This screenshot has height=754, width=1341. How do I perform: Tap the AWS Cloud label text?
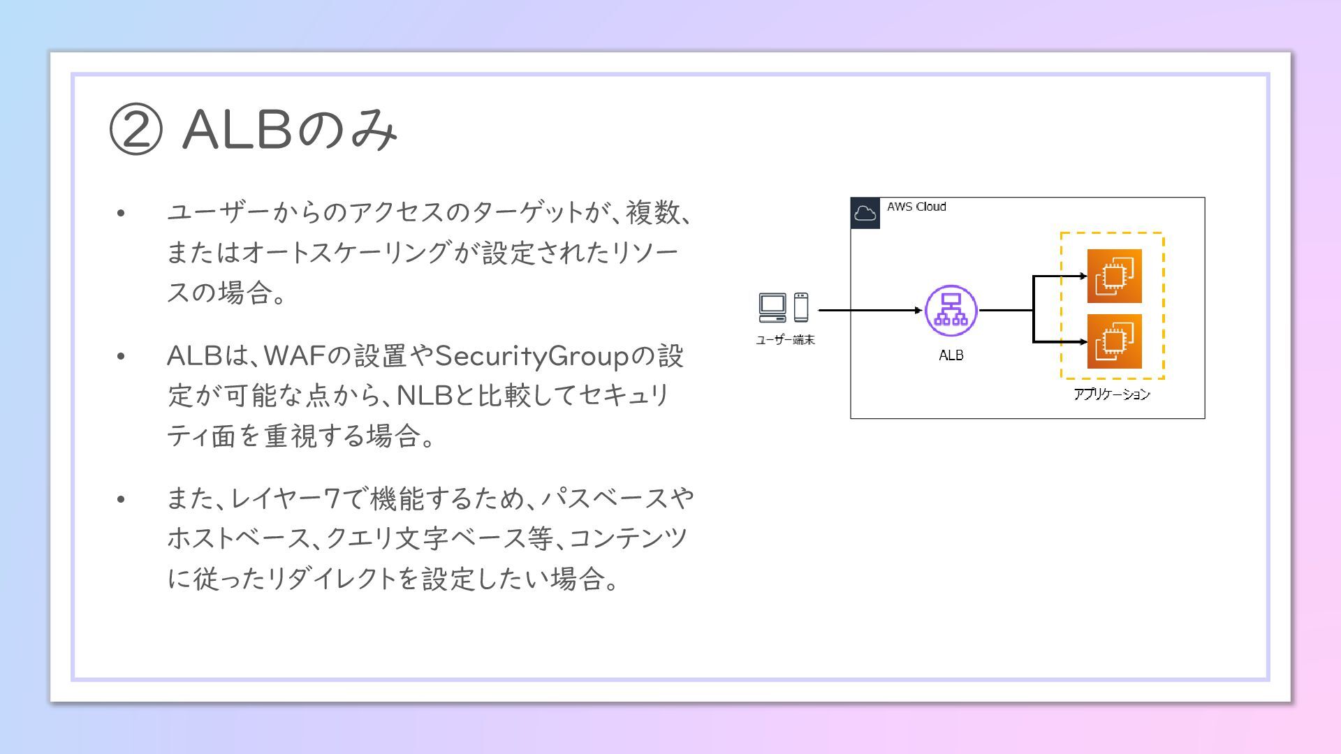(916, 207)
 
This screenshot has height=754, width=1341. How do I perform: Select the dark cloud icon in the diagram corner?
(865, 213)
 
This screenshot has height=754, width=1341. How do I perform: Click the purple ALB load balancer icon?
(951, 311)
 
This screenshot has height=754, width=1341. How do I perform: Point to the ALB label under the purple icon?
(951, 355)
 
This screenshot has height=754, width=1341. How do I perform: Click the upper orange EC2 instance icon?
(1114, 276)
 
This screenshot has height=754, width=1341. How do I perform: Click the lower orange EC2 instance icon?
(1114, 341)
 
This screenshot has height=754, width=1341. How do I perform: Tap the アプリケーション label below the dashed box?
(1111, 394)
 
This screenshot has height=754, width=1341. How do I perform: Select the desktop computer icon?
(772, 307)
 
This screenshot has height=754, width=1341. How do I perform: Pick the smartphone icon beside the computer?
(801, 307)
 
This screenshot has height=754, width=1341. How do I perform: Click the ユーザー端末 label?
(785, 340)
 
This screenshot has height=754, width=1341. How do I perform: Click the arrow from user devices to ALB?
(870, 310)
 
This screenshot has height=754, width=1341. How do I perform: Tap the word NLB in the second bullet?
(425, 396)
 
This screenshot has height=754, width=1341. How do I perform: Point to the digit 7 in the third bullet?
(332, 498)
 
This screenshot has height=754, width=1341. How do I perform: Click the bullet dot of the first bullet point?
(121, 213)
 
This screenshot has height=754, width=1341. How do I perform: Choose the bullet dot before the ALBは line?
(121, 357)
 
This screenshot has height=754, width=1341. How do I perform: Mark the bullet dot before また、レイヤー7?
(121, 499)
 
